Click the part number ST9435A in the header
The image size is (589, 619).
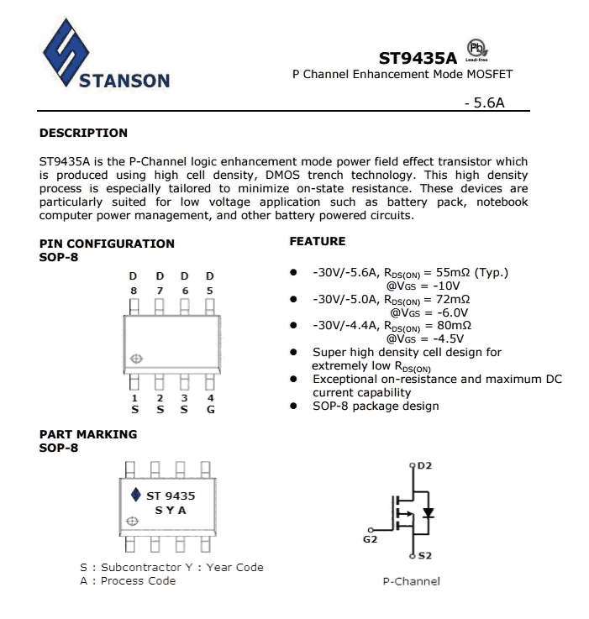coord(417,59)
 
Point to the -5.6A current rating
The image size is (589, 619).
coord(483,104)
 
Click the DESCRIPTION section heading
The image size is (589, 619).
coord(84,133)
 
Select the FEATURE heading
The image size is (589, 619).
coord(318,241)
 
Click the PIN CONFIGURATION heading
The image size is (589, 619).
coord(108,244)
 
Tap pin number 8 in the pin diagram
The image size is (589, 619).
coord(133,291)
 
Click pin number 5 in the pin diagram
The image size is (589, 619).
coord(210,291)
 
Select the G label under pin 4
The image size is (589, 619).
coord(210,409)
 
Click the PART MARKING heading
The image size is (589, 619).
coord(88,434)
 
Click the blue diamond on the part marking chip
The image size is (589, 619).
coord(136,496)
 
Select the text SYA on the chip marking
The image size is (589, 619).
coord(171,510)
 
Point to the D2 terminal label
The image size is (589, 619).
coord(422,464)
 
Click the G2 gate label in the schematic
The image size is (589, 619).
coord(370,539)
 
